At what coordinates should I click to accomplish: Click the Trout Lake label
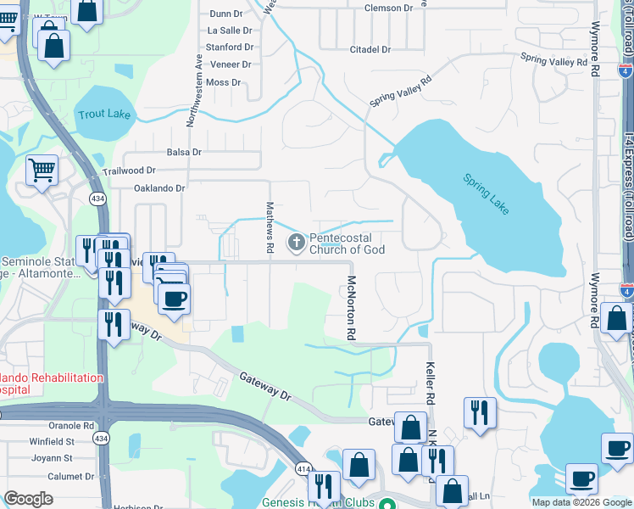pyautogui.click(x=104, y=114)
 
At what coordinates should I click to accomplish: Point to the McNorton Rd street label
pyautogui.click(x=349, y=307)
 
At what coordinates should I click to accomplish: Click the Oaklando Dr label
pyautogui.click(x=158, y=188)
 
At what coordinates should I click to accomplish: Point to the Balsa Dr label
pyautogui.click(x=184, y=153)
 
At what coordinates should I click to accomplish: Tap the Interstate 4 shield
pyautogui.click(x=626, y=291)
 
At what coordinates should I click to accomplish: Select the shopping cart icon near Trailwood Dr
pyautogui.click(x=42, y=170)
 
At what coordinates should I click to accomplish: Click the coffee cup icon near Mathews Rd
pyautogui.click(x=174, y=299)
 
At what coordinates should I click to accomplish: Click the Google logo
pyautogui.click(x=28, y=498)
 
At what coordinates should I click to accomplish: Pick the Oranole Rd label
pyautogui.click(x=71, y=426)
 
